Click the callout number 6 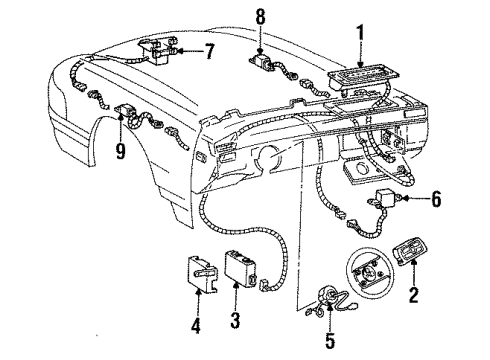(436, 200)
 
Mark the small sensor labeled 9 (128, 113)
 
